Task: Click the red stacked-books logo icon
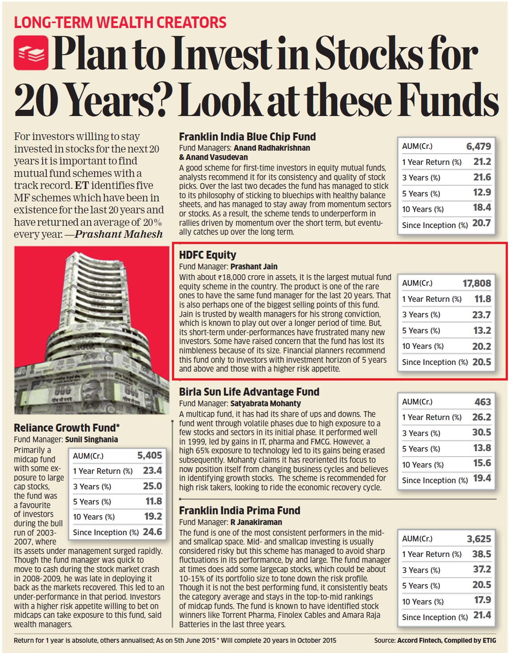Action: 31,52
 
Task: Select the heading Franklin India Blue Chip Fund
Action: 247,137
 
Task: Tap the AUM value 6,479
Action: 478,146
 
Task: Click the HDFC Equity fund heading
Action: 208,255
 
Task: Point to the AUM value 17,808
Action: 476,283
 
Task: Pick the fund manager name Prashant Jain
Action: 254,267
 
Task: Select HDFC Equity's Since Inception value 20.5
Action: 481,362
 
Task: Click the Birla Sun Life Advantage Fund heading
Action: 249,392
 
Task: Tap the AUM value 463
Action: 482,402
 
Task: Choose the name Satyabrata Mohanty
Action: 265,404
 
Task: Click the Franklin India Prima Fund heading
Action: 240,511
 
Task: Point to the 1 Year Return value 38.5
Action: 481,554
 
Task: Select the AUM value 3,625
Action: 479,539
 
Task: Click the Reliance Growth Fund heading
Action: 67,428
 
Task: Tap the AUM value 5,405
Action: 149,455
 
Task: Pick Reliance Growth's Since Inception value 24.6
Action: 152,532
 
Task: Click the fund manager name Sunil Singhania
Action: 92,440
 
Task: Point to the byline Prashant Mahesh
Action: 119,234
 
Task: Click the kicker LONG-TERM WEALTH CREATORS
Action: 120,22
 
